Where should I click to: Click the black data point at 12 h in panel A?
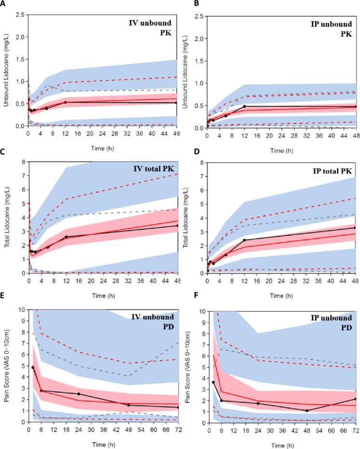click(66, 102)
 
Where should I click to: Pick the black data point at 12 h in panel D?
click(244, 240)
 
